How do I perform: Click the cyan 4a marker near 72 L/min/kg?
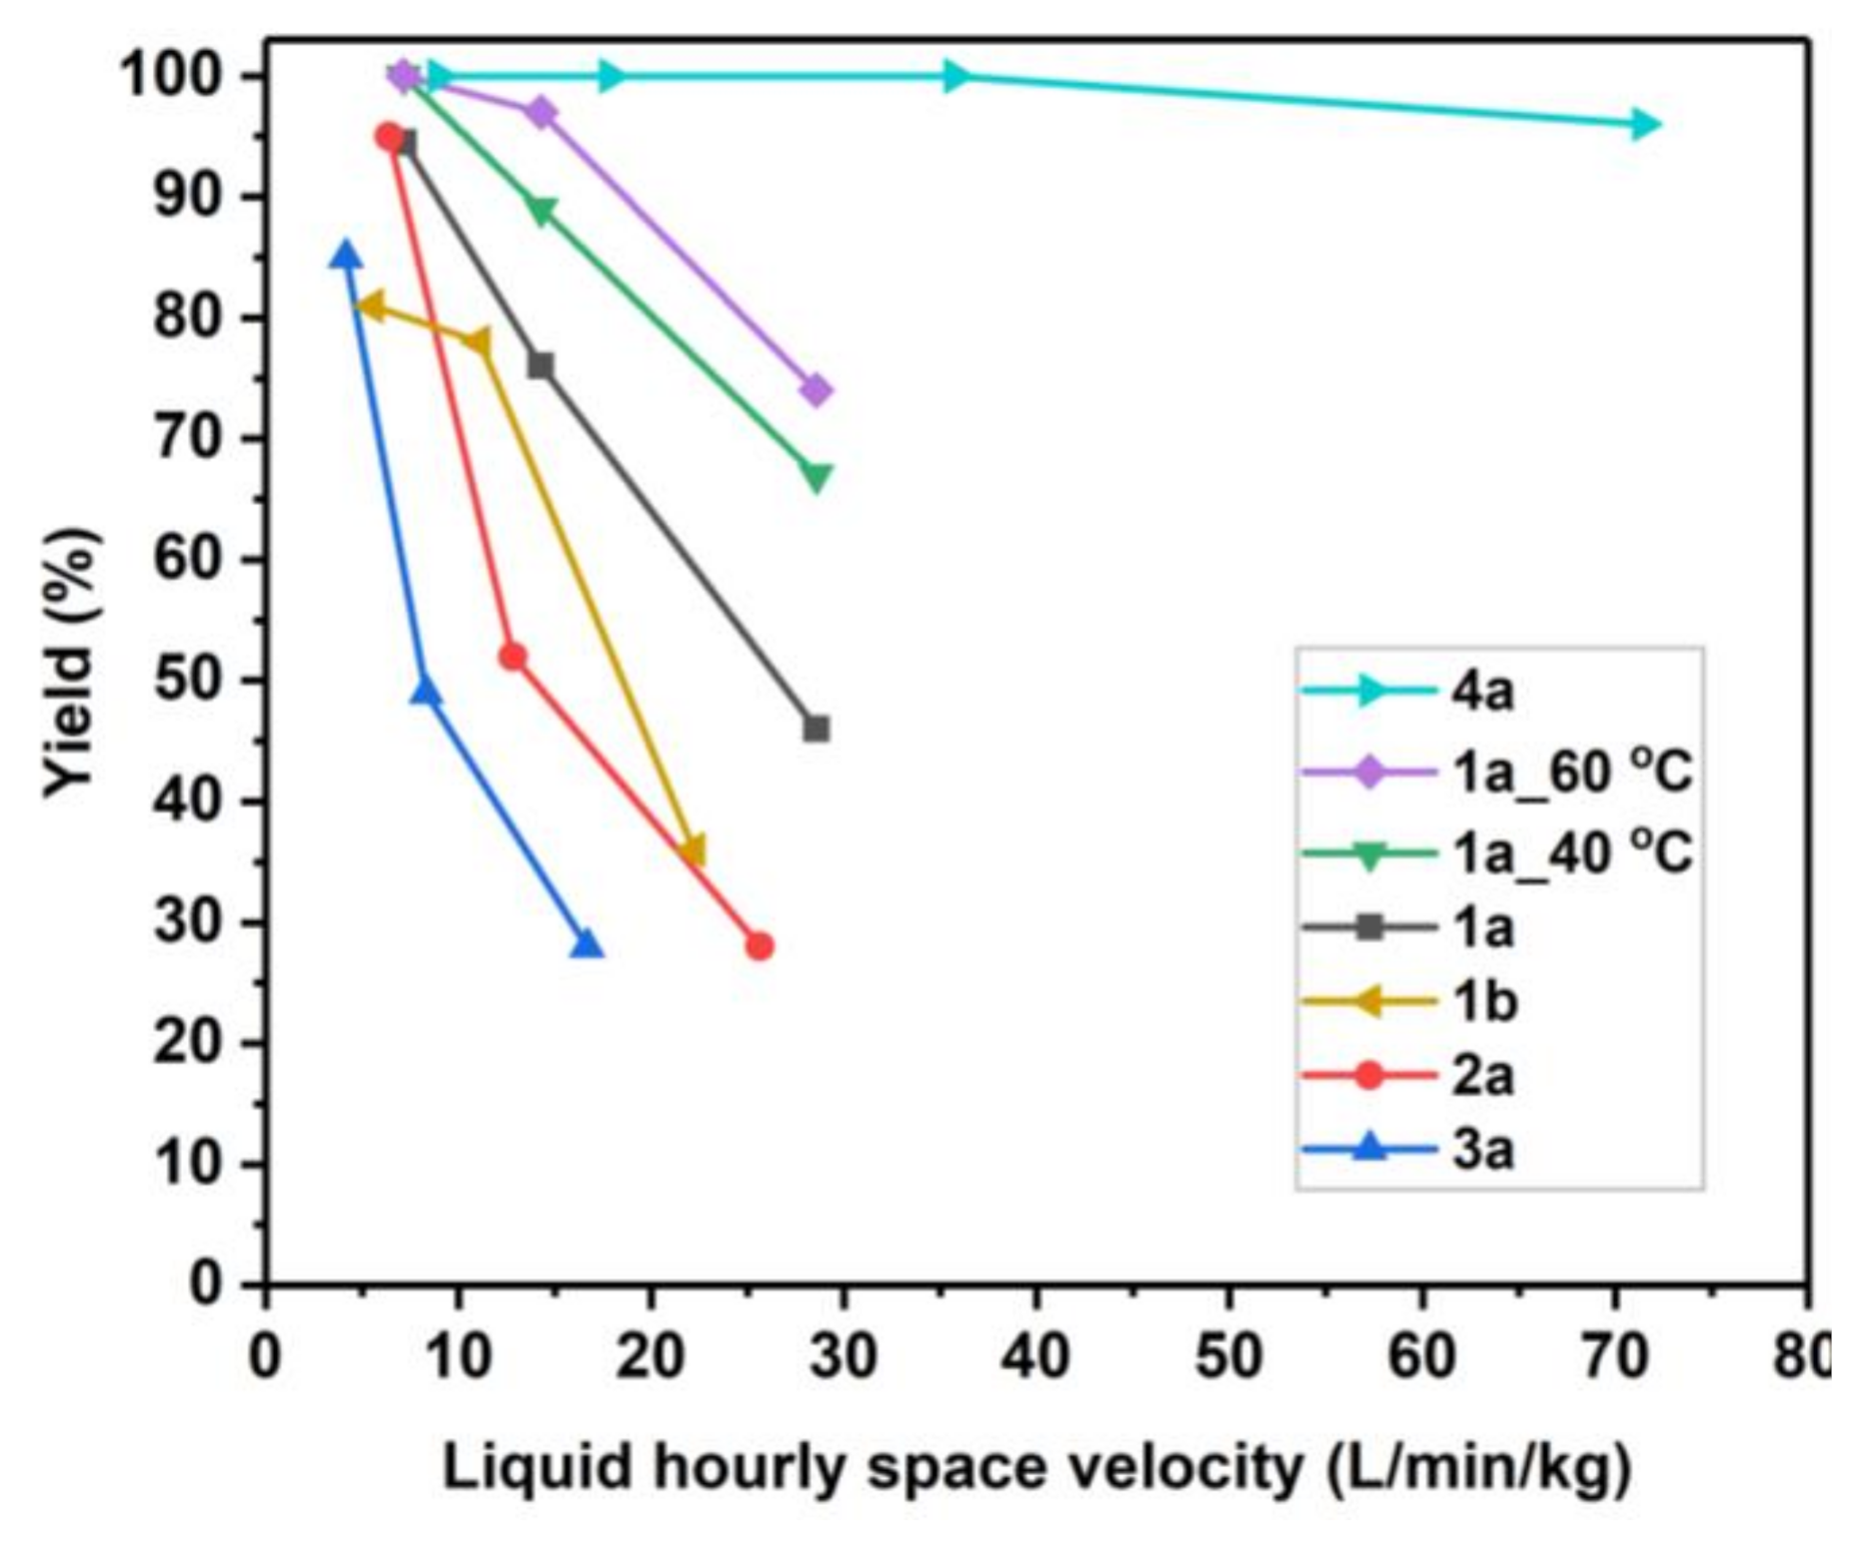click(1640, 124)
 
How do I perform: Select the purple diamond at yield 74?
click(817, 390)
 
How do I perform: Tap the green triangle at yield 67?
click(817, 477)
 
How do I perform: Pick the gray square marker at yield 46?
click(816, 729)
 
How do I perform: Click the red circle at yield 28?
click(760, 945)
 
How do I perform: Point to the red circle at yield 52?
click(513, 657)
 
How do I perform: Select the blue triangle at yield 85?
click(346, 256)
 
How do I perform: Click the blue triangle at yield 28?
click(588, 944)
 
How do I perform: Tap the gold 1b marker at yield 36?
click(692, 850)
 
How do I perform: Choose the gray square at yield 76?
click(541, 366)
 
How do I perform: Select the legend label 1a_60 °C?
click(1571, 772)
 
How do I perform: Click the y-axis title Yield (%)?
click(72, 663)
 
